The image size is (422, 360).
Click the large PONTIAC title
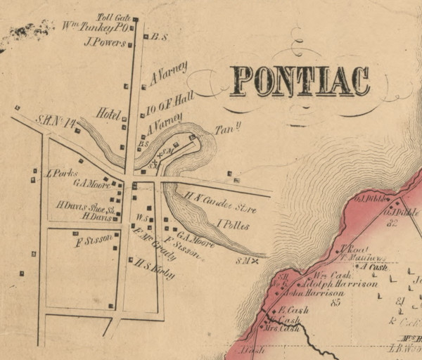click(x=300, y=81)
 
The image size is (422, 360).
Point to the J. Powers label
click(x=104, y=42)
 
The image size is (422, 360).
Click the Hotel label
click(x=110, y=115)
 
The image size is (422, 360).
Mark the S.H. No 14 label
click(x=56, y=122)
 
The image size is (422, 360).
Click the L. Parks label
click(x=56, y=173)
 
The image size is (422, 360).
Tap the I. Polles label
click(x=234, y=226)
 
